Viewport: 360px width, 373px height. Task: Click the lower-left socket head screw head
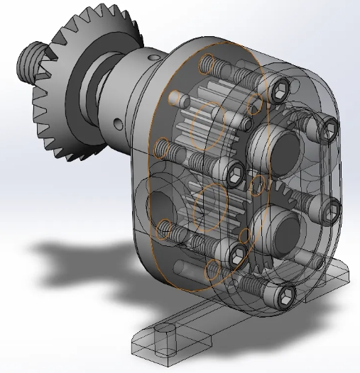point(236,254)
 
